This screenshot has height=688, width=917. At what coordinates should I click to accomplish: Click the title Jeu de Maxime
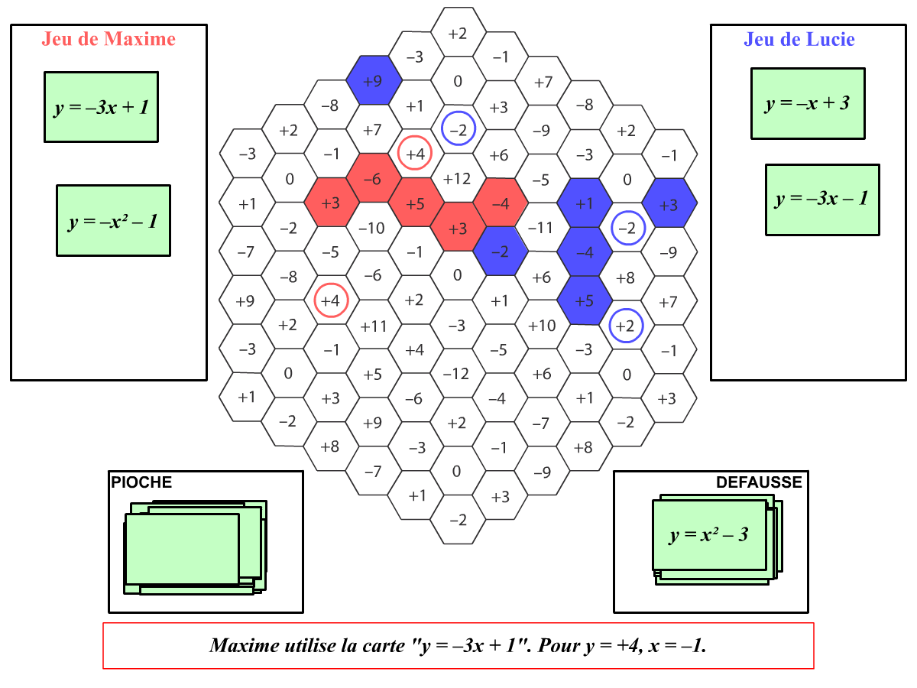(109, 39)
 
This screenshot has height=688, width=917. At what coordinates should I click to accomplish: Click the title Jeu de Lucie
(799, 39)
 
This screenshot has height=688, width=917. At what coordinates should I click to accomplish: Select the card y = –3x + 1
(101, 107)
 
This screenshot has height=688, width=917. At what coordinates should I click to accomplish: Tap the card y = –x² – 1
(113, 221)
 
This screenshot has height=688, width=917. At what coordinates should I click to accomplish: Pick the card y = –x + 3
(808, 104)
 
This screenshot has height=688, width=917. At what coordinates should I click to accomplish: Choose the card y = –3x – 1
(822, 200)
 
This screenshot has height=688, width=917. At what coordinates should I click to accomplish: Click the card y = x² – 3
(709, 535)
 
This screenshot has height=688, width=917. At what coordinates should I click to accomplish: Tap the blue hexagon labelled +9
(374, 80)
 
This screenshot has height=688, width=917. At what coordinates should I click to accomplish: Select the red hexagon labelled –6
(373, 179)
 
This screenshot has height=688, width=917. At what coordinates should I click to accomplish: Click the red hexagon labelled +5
(415, 204)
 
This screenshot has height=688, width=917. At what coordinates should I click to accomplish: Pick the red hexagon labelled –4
(501, 204)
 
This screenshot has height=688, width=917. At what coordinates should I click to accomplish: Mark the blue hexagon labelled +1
(585, 204)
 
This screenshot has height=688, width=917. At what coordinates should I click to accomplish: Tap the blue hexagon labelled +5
(585, 300)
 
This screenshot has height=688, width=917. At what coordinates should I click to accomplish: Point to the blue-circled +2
(626, 326)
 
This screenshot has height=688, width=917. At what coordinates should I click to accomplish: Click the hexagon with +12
(457, 179)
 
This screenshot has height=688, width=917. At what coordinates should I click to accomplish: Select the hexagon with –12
(457, 374)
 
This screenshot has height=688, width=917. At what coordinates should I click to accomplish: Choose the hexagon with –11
(541, 228)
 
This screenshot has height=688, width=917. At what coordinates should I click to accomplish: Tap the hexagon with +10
(542, 326)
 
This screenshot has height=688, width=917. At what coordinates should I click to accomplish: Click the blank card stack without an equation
(183, 549)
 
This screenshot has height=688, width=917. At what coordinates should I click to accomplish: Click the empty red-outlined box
(458, 646)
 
